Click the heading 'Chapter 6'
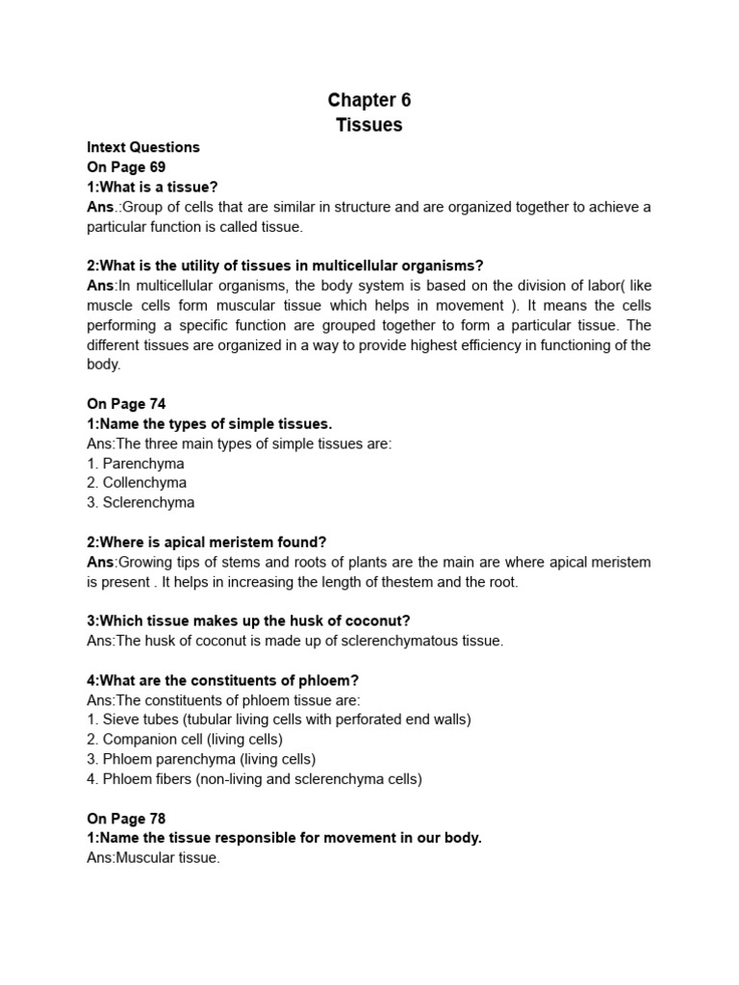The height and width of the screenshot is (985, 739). point(369,100)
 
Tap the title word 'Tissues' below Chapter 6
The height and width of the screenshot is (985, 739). point(369,125)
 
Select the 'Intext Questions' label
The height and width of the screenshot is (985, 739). point(143,147)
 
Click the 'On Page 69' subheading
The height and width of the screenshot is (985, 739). point(126,167)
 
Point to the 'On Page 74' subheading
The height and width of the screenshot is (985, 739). point(126,404)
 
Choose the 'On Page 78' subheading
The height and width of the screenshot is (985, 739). point(126,819)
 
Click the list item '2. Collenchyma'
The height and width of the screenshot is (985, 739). point(137,483)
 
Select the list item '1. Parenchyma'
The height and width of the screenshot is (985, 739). point(136,463)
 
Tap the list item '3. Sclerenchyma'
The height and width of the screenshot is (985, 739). point(140,502)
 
